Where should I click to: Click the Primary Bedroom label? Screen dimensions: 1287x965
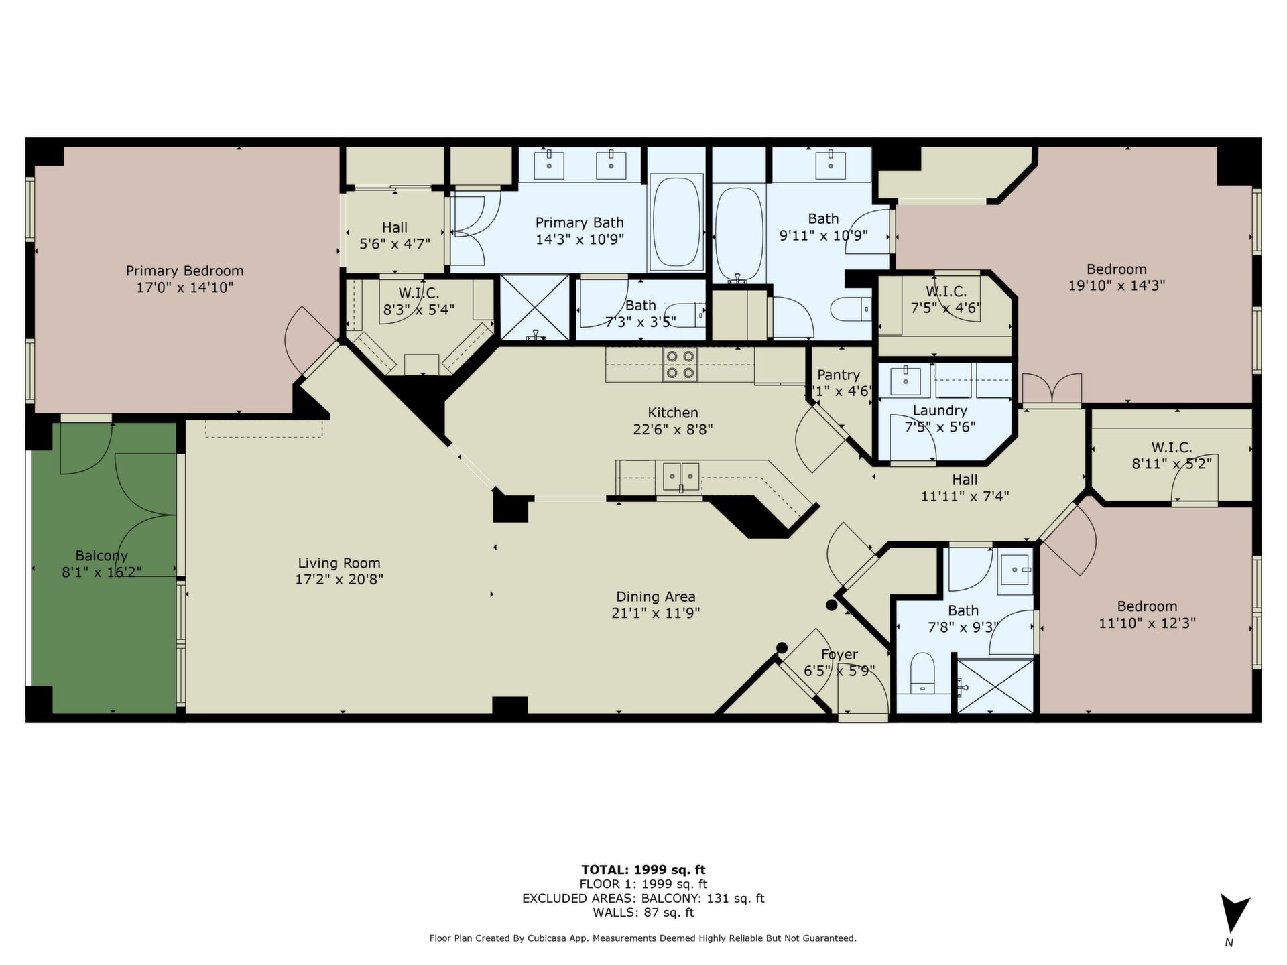(x=184, y=271)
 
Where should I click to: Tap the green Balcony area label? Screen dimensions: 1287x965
(x=101, y=556)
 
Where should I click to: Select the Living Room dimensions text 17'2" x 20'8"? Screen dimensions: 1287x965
(x=339, y=580)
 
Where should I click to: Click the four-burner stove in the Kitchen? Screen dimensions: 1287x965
(x=680, y=365)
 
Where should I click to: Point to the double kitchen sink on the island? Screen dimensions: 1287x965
(x=682, y=476)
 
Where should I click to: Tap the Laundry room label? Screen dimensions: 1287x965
(x=940, y=410)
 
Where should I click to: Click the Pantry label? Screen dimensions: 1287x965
(x=839, y=375)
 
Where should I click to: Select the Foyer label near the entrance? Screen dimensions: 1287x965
(x=839, y=655)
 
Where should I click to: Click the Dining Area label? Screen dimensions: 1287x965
(x=656, y=596)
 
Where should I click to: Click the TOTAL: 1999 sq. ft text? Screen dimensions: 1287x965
(x=643, y=870)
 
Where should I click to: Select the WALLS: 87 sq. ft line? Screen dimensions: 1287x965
(x=643, y=913)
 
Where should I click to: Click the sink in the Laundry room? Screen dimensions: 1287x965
(x=906, y=381)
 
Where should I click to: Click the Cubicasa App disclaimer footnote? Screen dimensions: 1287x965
(x=643, y=938)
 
